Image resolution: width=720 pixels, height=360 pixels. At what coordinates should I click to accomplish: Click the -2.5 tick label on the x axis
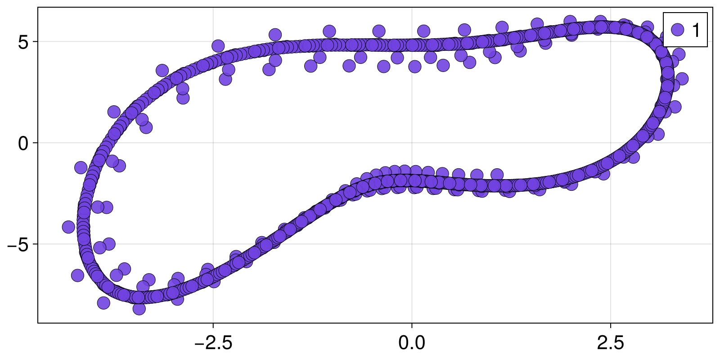tap(213, 343)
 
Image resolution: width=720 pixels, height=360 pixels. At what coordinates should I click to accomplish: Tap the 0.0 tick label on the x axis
tap(412, 343)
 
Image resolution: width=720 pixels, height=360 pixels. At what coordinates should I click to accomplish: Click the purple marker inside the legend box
tap(677, 30)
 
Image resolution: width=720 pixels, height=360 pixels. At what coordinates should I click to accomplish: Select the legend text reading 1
tap(696, 30)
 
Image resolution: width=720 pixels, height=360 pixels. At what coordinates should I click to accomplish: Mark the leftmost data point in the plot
tap(68, 227)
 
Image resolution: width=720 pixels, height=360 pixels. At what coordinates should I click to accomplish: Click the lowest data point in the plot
tap(139, 309)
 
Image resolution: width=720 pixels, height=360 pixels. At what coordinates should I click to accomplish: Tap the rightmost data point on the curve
tap(682, 79)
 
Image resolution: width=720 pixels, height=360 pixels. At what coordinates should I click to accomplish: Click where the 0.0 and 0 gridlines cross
tap(412, 143)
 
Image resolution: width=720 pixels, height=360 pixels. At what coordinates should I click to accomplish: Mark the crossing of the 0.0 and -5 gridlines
tap(412, 244)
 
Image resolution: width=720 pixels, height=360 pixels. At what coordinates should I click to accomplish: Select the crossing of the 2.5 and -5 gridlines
tap(611, 244)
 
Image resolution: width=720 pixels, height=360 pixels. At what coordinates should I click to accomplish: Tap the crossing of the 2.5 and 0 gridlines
tap(611, 143)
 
